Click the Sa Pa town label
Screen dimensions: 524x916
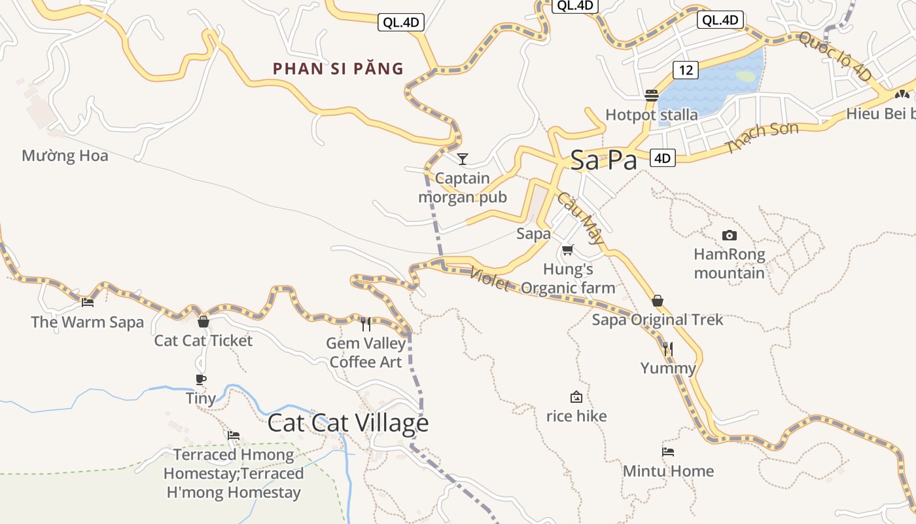tap(603, 160)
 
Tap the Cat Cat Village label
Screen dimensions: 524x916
tap(347, 423)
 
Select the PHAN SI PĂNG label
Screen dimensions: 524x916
tap(338, 68)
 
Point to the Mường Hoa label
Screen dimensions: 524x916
tap(65, 156)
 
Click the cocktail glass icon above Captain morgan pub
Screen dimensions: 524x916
tap(463, 159)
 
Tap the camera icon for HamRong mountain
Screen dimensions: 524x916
tap(729, 235)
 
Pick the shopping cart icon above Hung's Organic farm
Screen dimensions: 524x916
tap(567, 250)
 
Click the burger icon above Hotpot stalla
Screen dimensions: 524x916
tap(651, 95)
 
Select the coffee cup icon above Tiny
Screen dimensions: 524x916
tap(201, 379)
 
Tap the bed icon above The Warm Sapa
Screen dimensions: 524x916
tap(88, 303)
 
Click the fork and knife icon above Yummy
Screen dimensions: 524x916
tap(667, 348)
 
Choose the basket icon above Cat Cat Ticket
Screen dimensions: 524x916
tap(203, 322)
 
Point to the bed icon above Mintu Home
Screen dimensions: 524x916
tap(667, 451)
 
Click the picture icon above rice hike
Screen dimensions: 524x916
tap(576, 397)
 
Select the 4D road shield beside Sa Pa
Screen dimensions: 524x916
tap(663, 157)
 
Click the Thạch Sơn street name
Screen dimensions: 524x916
tap(762, 138)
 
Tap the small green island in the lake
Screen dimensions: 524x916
tap(745, 76)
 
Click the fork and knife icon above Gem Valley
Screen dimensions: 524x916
tap(366, 324)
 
